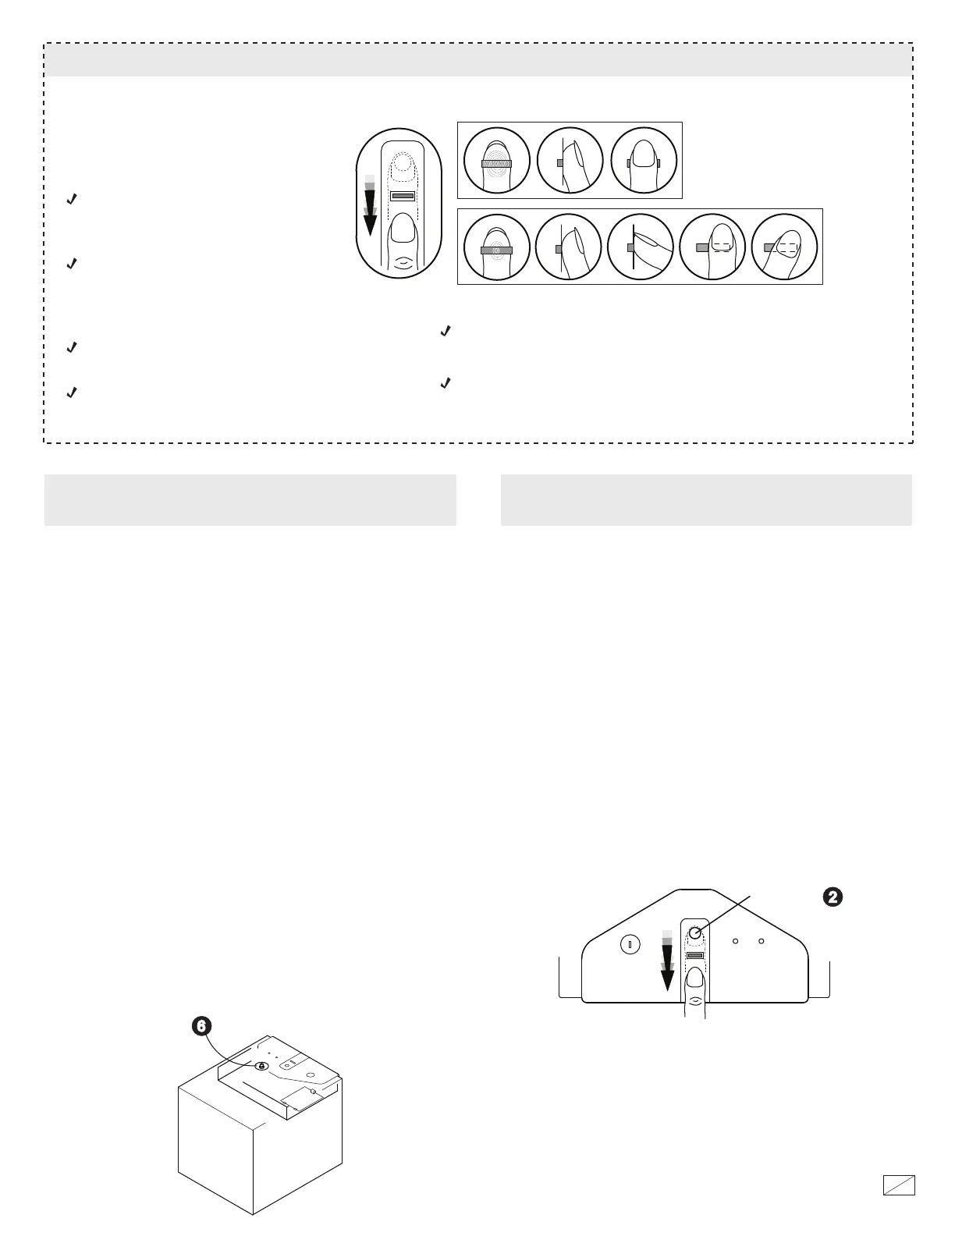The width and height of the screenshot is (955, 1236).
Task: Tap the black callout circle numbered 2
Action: coord(833,897)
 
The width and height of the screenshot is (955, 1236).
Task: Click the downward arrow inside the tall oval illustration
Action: coord(370,208)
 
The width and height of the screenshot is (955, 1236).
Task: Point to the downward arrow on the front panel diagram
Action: coord(666,961)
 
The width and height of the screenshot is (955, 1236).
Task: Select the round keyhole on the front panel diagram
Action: coord(630,945)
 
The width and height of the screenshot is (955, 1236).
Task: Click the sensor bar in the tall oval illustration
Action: coord(402,197)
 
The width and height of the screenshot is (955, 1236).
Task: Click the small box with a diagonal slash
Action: coord(899,1185)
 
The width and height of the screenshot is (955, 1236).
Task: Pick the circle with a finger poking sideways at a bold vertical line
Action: coord(641,247)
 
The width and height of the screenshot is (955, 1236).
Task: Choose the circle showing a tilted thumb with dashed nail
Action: coord(784,247)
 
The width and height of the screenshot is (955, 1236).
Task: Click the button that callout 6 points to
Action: coord(261,1066)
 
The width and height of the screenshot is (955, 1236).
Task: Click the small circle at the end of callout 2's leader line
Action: coord(695,933)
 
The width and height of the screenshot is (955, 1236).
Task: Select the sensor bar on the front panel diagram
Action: coord(695,956)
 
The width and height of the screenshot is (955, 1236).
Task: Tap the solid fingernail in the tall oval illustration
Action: coord(402,233)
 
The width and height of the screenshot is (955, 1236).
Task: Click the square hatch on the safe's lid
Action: coord(297,1100)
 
